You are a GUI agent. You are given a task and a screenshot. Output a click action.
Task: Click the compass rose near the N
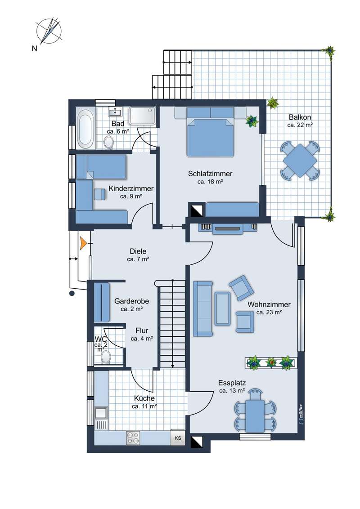click(49, 31)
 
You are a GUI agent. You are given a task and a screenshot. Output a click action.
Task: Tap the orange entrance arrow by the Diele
click(83, 243)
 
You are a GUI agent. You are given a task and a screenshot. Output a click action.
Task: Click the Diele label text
click(138, 251)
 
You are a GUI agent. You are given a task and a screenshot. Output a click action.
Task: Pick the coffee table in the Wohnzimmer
click(223, 308)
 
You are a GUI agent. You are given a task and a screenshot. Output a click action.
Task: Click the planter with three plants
click(271, 362)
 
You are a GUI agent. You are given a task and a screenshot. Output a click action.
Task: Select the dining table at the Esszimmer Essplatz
click(255, 416)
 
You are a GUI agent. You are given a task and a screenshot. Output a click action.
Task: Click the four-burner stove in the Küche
click(133, 438)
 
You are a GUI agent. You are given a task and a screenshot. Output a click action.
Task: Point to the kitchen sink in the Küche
click(101, 413)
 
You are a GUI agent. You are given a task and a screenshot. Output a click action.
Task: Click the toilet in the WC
click(106, 357)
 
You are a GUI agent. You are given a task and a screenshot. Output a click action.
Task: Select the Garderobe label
click(131, 301)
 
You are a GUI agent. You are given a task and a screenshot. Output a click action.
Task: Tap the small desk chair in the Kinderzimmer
click(100, 194)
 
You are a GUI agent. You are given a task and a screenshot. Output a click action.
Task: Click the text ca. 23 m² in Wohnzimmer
click(269, 313)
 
